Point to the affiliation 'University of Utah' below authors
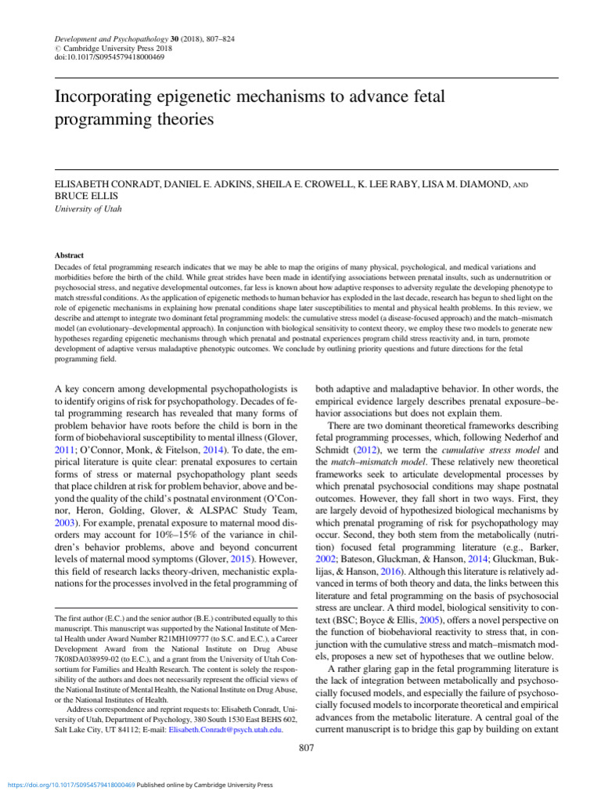point(88,209)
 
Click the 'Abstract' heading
point(69,255)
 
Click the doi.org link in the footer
point(70,784)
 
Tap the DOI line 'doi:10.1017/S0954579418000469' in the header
point(110,57)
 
